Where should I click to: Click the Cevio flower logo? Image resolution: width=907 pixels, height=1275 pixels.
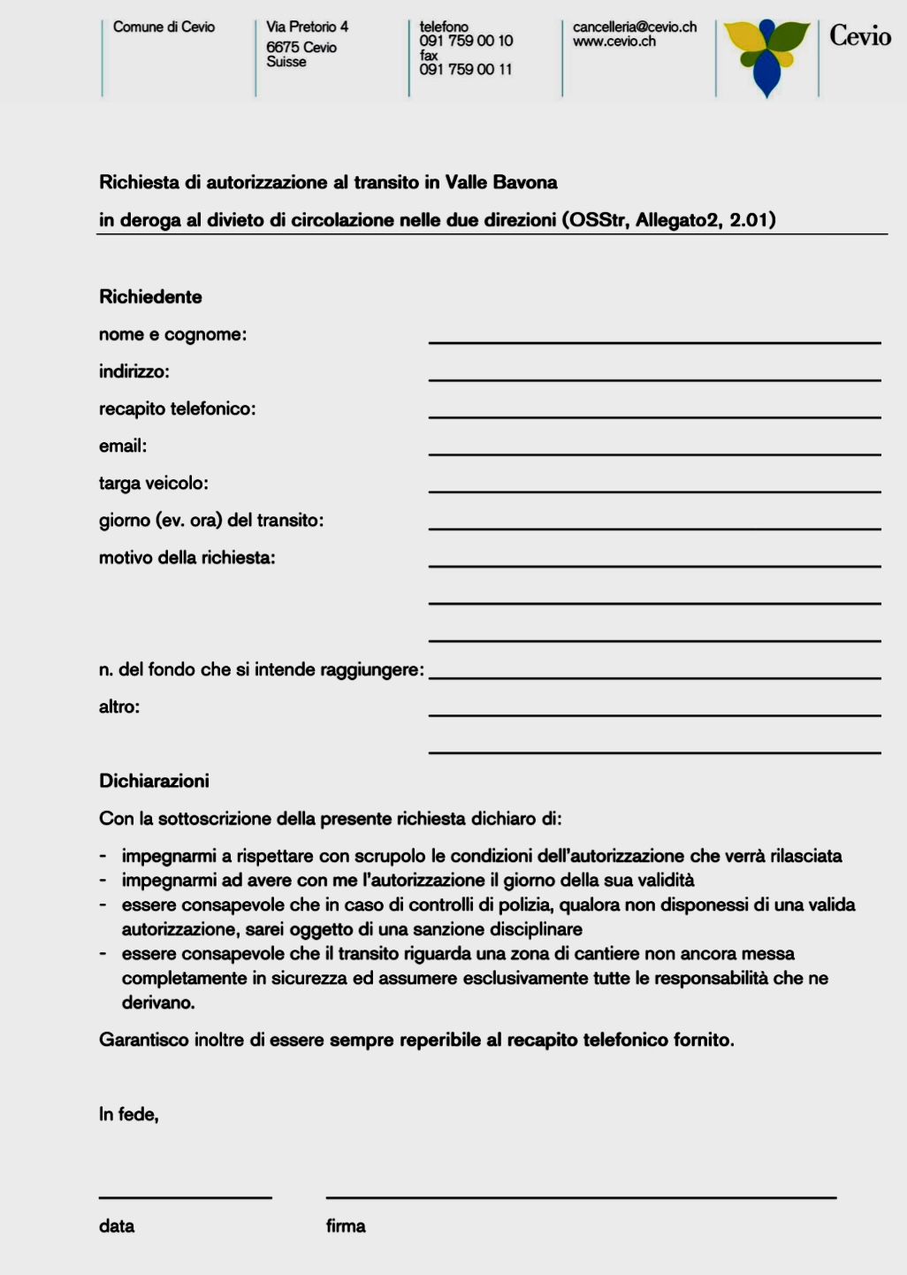(x=766, y=56)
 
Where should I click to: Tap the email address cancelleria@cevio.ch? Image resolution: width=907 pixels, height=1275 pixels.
(x=634, y=27)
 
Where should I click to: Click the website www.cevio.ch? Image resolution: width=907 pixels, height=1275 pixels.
(x=614, y=42)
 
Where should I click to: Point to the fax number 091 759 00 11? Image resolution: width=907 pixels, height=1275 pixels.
(x=465, y=70)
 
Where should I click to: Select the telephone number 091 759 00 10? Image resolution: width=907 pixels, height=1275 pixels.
(x=466, y=41)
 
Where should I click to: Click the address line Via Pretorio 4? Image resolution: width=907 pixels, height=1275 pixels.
(x=307, y=27)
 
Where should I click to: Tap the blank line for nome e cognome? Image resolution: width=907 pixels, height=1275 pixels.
(x=654, y=340)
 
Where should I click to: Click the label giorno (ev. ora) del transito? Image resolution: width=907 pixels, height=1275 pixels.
(x=211, y=521)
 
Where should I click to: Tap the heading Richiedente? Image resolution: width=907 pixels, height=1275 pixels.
(x=150, y=297)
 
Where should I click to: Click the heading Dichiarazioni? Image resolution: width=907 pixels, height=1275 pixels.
(x=154, y=781)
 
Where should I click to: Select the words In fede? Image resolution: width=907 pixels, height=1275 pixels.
(x=128, y=1114)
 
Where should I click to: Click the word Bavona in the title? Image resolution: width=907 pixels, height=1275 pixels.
(x=525, y=183)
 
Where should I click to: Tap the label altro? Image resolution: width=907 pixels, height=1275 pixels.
(x=119, y=707)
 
